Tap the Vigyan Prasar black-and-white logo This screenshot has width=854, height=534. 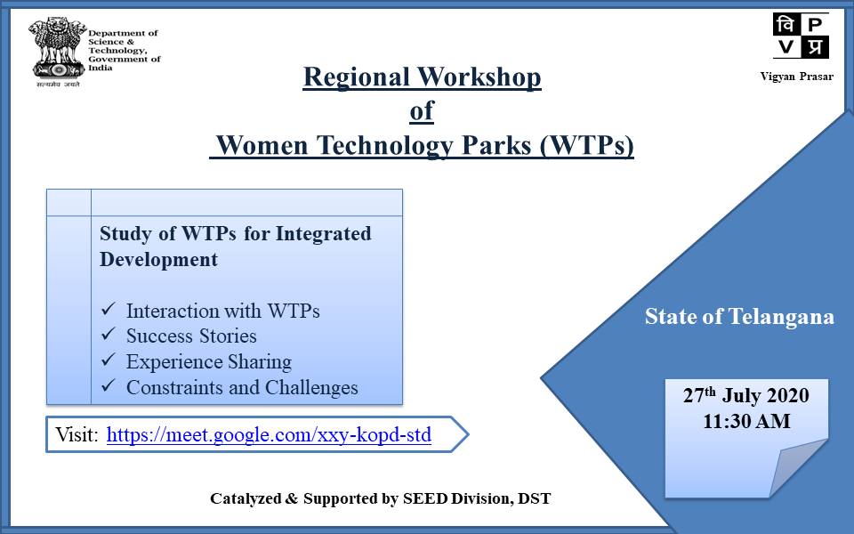click(x=801, y=36)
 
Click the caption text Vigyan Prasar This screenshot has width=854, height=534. click(x=797, y=77)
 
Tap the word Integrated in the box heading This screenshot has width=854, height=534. click(x=324, y=234)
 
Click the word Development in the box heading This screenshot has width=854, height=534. click(x=158, y=259)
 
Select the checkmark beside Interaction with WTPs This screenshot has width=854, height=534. click(x=108, y=309)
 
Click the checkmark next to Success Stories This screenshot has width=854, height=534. click(x=108, y=334)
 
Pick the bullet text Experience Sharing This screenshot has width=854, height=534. click(x=209, y=362)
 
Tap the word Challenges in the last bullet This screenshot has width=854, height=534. click(x=311, y=387)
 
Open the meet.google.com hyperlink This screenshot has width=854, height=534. click(x=269, y=435)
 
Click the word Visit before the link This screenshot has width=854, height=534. click(x=77, y=435)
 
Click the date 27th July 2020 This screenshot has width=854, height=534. click(x=746, y=395)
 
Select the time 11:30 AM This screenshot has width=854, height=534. click(x=746, y=421)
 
